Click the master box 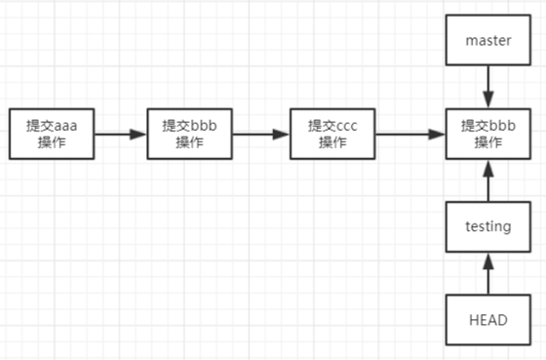pyautogui.click(x=488, y=41)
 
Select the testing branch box pyautogui.click(x=488, y=226)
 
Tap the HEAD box pyautogui.click(x=488, y=319)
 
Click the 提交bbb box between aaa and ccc pyautogui.click(x=190, y=134)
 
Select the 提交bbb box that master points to pyautogui.click(x=488, y=134)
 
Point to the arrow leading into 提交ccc pyautogui.click(x=262, y=134)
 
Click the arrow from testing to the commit pyautogui.click(x=488, y=180)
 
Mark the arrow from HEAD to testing pyautogui.click(x=488, y=273)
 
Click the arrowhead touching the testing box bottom pyautogui.click(x=488, y=259)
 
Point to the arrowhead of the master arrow pyautogui.click(x=488, y=101)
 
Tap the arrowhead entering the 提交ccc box pyautogui.click(x=285, y=134)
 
